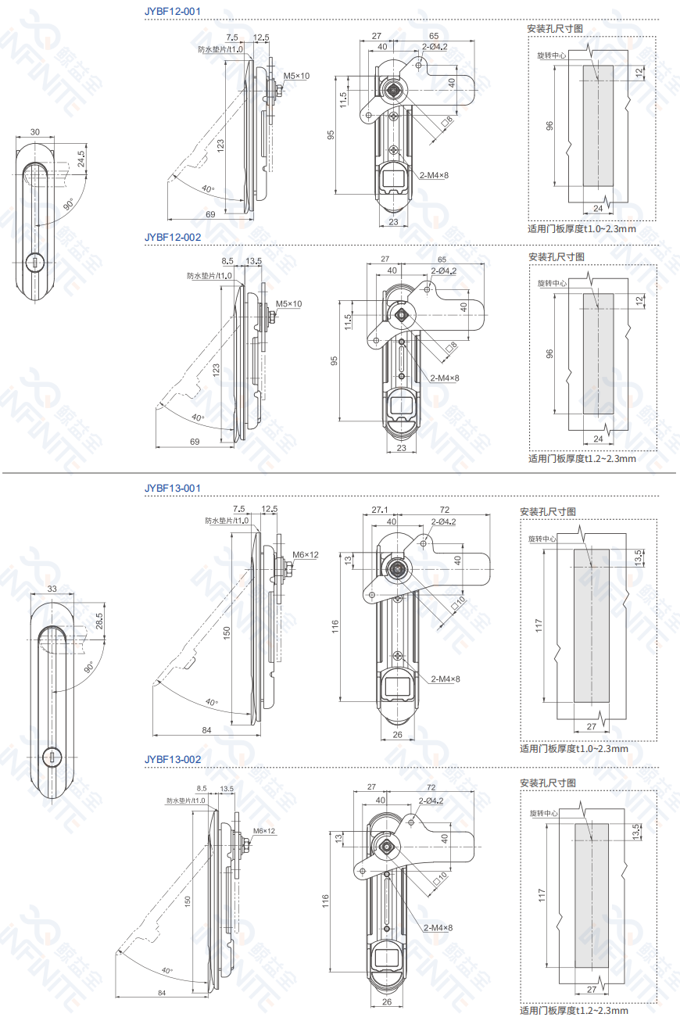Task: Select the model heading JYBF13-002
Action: pos(173,759)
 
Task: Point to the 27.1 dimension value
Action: pos(380,509)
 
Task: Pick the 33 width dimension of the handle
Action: pos(52,589)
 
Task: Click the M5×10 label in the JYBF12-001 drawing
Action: pos(296,76)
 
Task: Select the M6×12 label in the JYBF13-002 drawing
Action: pos(263,830)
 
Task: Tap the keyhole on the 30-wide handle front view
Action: pos(35,263)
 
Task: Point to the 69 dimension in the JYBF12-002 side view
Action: pos(195,442)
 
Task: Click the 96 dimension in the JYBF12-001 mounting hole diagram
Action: pos(549,126)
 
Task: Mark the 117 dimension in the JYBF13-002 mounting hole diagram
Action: pos(540,896)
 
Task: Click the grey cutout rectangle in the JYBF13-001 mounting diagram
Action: pos(592,624)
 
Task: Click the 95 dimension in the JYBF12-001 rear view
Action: pos(331,134)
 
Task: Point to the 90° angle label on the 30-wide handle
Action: pos(69,205)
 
